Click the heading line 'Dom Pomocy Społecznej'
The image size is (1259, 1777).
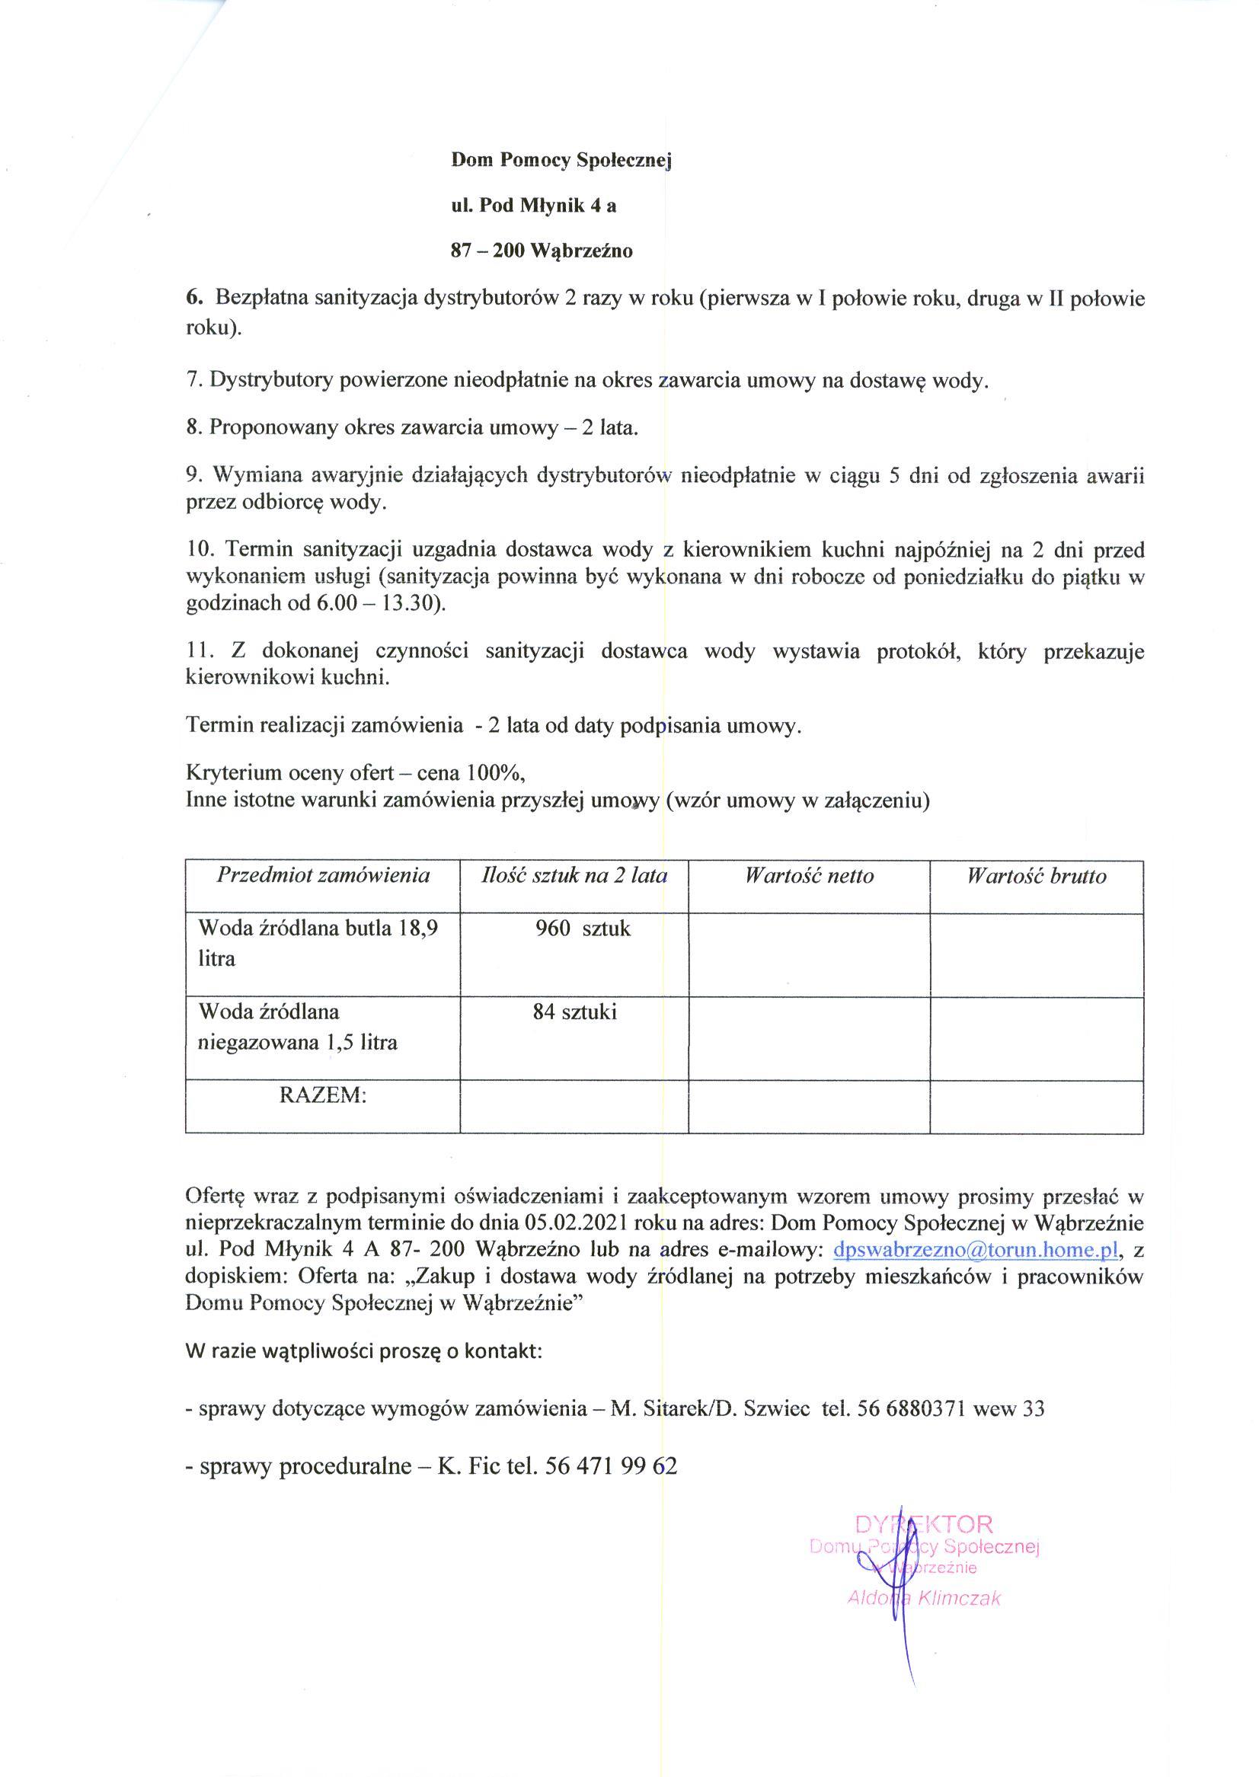561,161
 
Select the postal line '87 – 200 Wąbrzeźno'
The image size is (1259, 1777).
542,251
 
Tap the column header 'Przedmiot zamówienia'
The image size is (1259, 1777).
322,875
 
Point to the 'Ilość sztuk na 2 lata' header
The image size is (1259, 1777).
574,875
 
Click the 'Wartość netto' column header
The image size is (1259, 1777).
809,876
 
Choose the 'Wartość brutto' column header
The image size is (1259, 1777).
1036,876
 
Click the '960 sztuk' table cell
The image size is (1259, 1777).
582,928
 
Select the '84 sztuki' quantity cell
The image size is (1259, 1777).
574,1012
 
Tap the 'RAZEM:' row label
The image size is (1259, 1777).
321,1095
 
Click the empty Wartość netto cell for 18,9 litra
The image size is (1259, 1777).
809,954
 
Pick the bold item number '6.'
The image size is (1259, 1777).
193,297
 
